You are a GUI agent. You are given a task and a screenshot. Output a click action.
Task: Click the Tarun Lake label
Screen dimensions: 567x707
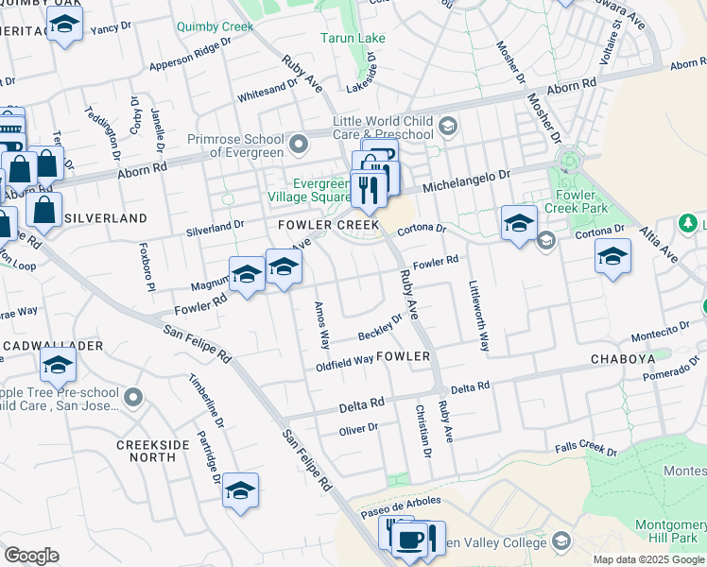(x=352, y=38)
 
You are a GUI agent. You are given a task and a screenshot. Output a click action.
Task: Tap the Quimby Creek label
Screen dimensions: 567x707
(x=215, y=26)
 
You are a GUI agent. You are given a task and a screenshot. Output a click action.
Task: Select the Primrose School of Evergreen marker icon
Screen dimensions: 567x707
(x=300, y=145)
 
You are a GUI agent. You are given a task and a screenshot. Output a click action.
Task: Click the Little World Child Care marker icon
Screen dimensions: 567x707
(x=448, y=127)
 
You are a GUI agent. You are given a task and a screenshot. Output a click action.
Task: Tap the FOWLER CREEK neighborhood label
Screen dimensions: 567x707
(x=328, y=225)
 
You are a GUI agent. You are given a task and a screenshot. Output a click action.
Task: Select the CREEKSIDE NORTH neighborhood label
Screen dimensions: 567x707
(x=147, y=450)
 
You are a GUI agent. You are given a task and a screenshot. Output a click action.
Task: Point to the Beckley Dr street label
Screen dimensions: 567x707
(x=380, y=330)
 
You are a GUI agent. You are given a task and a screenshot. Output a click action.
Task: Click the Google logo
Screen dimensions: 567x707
(x=31, y=556)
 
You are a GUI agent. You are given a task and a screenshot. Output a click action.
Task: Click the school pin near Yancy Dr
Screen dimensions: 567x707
(x=64, y=25)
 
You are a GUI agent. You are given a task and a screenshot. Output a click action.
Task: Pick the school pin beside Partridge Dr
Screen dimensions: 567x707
(x=241, y=490)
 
